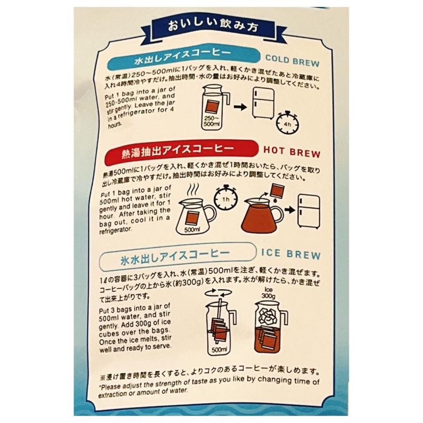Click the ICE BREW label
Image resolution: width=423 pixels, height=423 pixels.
click(290, 255)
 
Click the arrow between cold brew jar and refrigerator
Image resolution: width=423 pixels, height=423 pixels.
click(240, 108)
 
